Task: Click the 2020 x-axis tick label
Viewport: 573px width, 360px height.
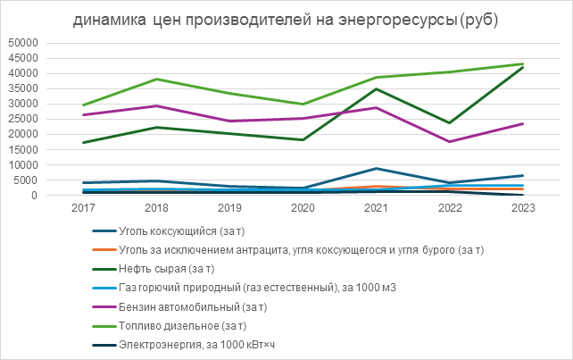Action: click(x=303, y=208)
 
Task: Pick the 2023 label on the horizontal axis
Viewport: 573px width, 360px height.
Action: click(x=523, y=208)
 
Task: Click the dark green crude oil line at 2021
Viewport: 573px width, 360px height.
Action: click(x=377, y=88)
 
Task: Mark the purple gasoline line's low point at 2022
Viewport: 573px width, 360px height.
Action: click(x=450, y=141)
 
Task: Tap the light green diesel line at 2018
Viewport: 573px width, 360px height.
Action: click(x=156, y=80)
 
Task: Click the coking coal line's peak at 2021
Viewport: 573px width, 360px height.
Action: click(x=377, y=169)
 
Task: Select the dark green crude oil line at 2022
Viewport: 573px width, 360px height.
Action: click(x=450, y=122)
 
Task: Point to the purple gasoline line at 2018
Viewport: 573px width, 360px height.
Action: click(x=156, y=106)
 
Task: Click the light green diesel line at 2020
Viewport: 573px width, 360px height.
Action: click(x=303, y=104)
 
